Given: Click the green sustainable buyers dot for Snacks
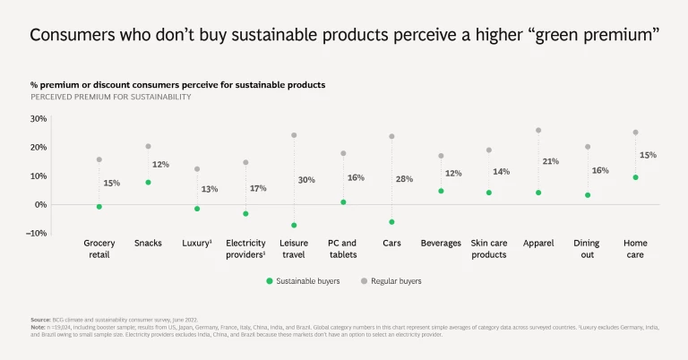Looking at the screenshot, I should point(148,183).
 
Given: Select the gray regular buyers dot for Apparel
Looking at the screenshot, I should point(538,131).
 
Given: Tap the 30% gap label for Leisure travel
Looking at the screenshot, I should point(305,180).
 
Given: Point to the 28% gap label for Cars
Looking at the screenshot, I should point(404,179).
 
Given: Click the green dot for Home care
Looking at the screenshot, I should point(635,177).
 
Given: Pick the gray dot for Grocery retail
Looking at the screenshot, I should point(99,159).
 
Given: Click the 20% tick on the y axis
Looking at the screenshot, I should point(38,147).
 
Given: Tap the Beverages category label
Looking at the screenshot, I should point(441,243).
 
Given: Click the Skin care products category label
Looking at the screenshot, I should point(489,249).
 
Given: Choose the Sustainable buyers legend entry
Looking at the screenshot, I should point(302,281).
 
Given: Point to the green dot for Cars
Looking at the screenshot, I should point(391,222).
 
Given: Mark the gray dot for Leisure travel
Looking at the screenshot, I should point(294,135).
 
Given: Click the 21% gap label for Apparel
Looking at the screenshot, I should point(550,161).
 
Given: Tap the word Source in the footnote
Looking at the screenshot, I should point(39,320).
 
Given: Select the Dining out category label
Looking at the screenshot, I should point(588,249).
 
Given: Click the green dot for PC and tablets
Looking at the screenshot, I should point(343,202).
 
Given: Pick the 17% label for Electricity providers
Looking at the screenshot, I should point(258,188).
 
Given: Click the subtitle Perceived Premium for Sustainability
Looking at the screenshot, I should point(110,97).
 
